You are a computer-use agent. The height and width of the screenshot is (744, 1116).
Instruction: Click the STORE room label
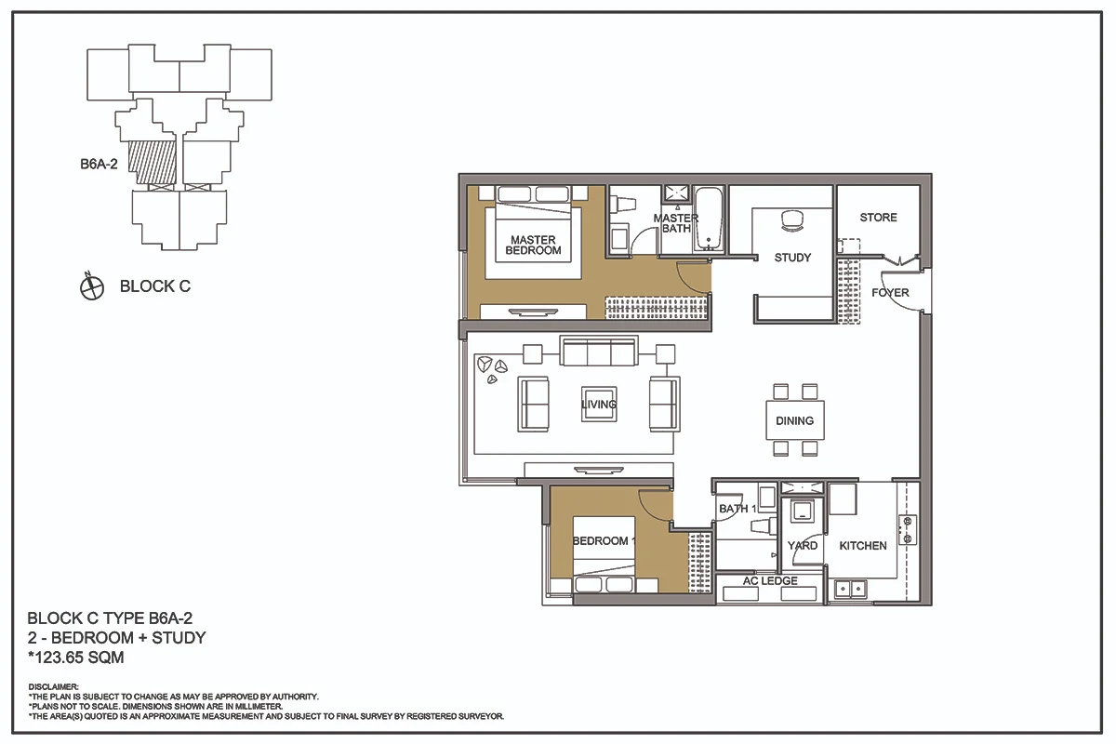click(x=878, y=218)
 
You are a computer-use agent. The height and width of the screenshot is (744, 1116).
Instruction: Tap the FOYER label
click(x=890, y=293)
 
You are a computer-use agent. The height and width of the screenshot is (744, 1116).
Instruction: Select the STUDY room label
click(x=792, y=258)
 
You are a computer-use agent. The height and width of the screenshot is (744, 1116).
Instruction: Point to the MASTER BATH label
click(x=676, y=223)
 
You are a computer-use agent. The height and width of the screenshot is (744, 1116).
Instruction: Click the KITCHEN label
click(x=863, y=546)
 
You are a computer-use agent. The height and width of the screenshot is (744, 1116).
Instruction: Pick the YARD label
click(x=802, y=546)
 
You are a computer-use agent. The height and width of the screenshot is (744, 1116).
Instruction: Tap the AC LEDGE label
click(x=770, y=580)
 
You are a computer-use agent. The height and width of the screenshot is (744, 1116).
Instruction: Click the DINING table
click(x=795, y=420)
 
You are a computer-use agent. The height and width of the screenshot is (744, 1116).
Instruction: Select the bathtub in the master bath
click(x=709, y=219)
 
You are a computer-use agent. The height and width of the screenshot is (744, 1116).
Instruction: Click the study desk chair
click(x=792, y=220)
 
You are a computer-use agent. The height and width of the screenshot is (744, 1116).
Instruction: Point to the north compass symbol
click(x=92, y=286)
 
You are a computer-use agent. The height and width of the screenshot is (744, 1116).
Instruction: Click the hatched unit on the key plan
click(x=153, y=162)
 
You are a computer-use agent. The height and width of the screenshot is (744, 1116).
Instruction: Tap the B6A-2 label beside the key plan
click(x=99, y=164)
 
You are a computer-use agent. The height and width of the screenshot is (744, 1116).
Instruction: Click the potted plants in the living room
click(x=492, y=369)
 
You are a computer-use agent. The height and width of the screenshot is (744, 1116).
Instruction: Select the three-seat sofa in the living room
click(x=598, y=351)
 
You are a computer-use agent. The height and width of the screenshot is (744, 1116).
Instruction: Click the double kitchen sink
click(x=850, y=589)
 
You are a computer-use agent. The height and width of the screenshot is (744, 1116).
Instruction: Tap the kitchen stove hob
click(x=908, y=530)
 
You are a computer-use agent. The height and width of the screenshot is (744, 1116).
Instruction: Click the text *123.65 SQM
click(x=75, y=658)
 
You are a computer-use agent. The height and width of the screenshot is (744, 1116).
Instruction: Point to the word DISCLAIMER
click(x=53, y=686)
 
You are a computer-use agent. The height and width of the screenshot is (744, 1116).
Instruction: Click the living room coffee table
click(x=599, y=405)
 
